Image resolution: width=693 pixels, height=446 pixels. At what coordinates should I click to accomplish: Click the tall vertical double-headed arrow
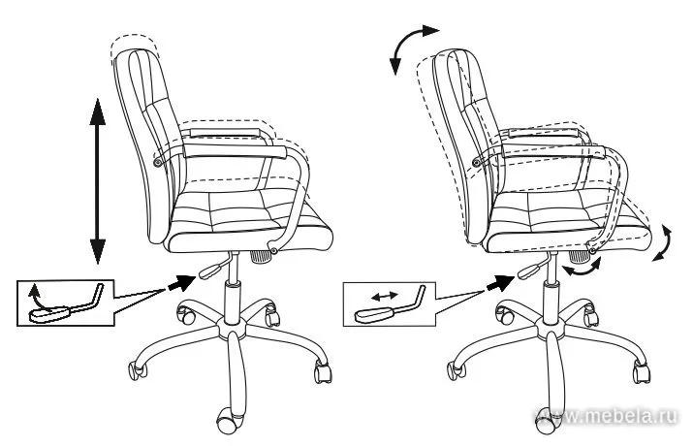pos(98,181)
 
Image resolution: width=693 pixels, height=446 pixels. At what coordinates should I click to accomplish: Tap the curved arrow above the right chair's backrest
pos(404,42)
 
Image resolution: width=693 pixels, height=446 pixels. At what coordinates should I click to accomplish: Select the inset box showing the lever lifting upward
pos(65,303)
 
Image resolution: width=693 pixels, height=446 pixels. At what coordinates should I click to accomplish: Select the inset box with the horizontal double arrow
pos(390,304)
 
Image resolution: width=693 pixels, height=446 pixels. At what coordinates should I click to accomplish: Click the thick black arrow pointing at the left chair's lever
pos(181,282)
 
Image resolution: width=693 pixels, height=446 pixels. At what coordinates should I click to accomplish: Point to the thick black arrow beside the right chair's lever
pos(500,283)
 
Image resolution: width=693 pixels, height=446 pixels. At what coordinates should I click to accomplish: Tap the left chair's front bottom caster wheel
pos(227,421)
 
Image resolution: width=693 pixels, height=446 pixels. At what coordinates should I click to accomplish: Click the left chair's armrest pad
pos(236,150)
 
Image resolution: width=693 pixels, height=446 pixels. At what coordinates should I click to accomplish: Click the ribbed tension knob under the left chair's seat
pos(261,256)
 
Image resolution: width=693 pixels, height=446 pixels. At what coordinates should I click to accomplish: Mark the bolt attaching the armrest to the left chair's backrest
pos(157,163)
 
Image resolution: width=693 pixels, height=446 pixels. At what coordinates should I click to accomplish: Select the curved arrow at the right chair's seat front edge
pos(663,242)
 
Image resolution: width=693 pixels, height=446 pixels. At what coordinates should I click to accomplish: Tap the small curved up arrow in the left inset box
pos(35,297)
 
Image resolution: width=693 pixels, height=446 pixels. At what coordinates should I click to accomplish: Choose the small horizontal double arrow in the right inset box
pos(384,296)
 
